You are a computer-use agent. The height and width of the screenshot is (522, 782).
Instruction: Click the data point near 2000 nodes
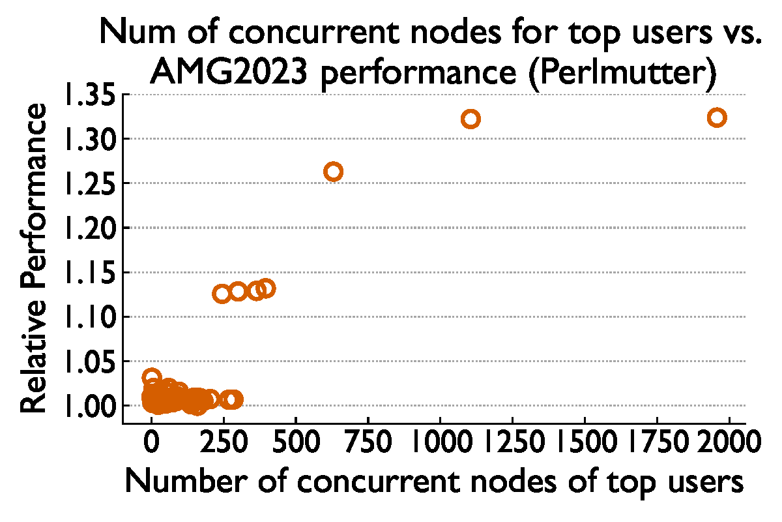coord(717,117)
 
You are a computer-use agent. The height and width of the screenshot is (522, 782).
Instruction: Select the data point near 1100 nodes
coord(471,119)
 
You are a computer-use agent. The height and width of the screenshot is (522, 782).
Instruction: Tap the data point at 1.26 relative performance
coord(333,172)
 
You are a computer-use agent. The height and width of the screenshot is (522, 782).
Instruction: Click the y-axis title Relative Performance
coord(34,258)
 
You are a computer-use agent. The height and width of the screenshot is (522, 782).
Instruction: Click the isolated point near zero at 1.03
coord(152,378)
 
